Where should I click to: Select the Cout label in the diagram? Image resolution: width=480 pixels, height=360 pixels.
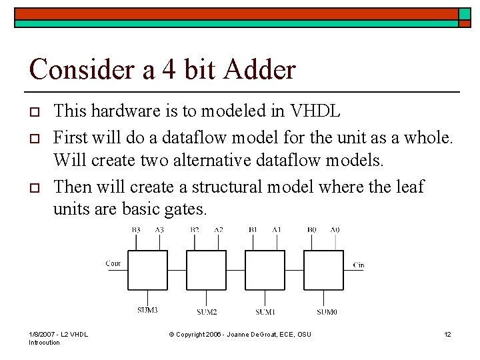(113, 263)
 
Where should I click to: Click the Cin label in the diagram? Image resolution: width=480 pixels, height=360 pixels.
(358, 265)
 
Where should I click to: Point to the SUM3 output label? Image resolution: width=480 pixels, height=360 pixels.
(147, 310)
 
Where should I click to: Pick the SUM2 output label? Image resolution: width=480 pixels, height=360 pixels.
(207, 311)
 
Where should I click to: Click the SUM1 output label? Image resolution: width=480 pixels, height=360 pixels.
(265, 311)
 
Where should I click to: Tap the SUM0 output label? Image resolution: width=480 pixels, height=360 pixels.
(327, 311)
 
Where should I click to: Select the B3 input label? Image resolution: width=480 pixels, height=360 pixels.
(136, 229)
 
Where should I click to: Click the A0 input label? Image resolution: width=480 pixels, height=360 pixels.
(335, 229)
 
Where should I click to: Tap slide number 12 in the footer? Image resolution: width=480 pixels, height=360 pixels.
(447, 333)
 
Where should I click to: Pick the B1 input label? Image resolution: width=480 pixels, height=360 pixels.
(253, 229)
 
